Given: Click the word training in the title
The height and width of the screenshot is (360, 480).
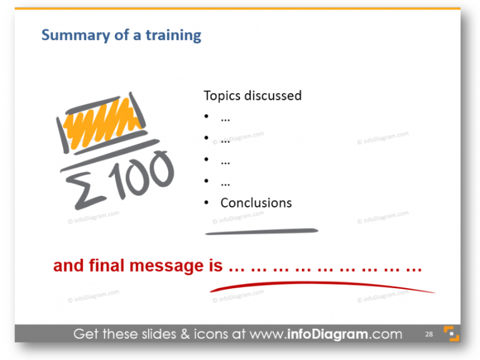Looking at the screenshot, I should (x=173, y=35).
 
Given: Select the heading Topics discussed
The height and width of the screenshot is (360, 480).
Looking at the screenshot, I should (x=252, y=96).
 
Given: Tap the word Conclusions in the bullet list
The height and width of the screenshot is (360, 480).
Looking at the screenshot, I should (x=256, y=202).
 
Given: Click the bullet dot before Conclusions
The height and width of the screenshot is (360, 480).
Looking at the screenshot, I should (x=207, y=203).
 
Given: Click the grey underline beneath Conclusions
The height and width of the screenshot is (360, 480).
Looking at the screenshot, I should (x=261, y=232).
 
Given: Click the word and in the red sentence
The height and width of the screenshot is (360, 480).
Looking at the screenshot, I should (x=68, y=266).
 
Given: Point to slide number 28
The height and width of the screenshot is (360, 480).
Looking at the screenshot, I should (x=429, y=334).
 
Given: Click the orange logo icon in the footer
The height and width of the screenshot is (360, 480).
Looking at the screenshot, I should (x=451, y=334).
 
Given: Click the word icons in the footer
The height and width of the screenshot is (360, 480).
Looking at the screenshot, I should (x=211, y=334).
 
